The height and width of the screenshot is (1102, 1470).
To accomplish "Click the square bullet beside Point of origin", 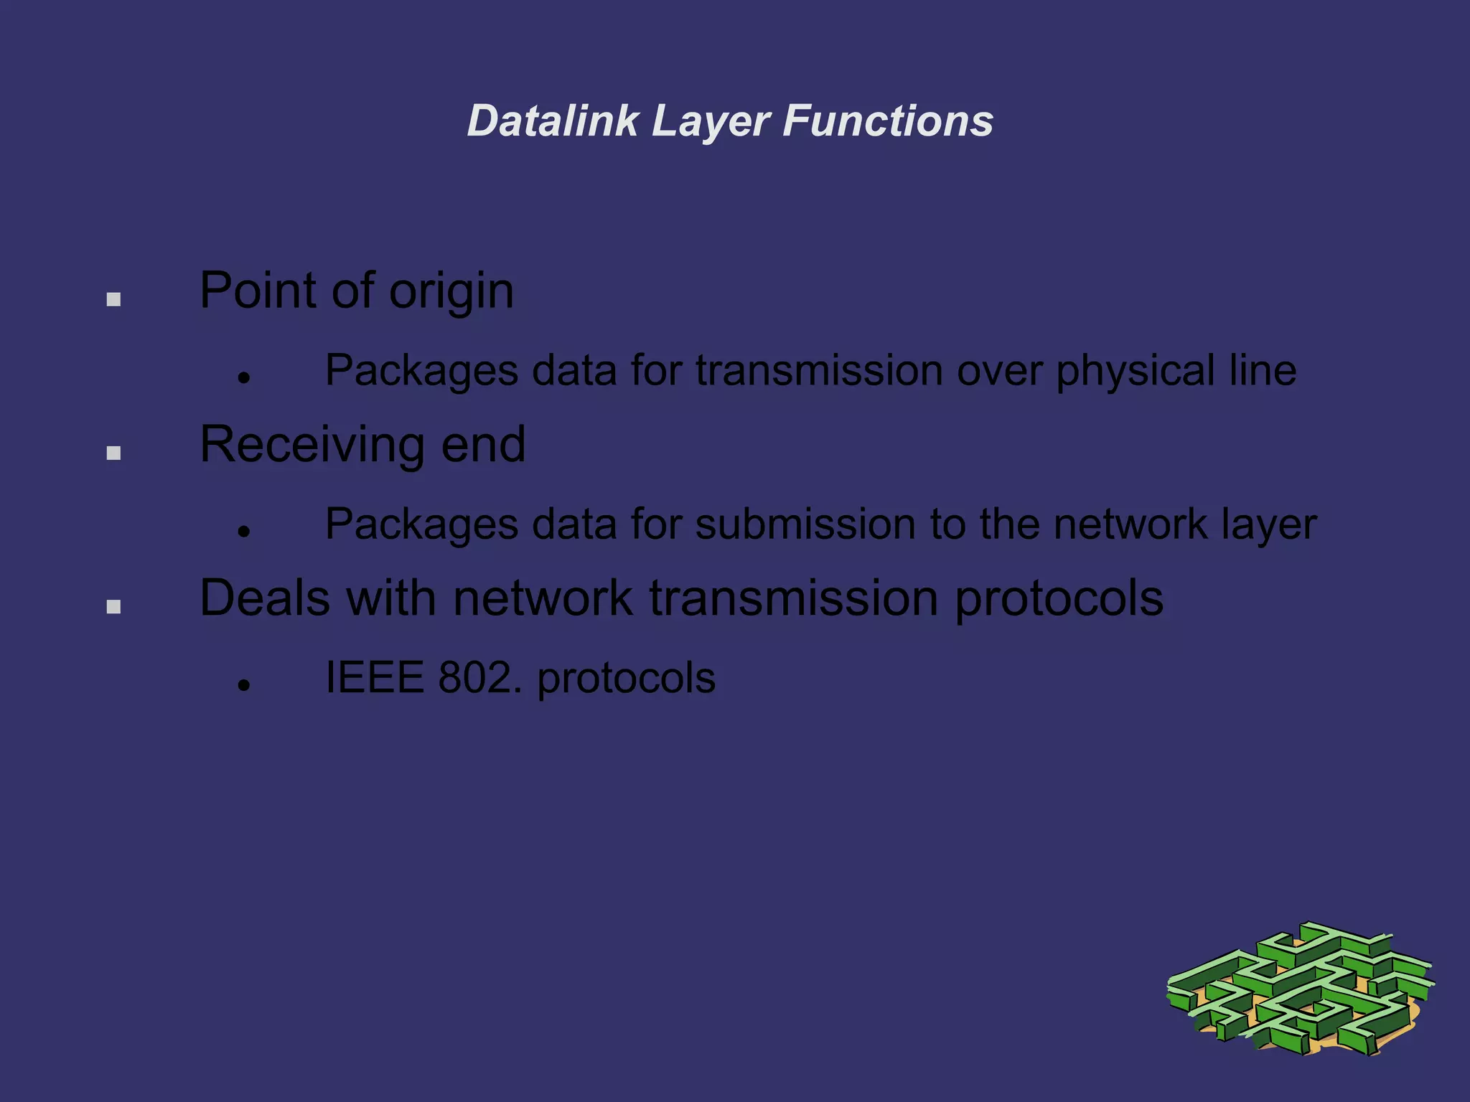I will tap(113, 299).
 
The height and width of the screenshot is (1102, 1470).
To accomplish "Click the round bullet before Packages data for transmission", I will tap(244, 377).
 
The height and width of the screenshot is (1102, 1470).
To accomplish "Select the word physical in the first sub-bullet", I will tap(1135, 372).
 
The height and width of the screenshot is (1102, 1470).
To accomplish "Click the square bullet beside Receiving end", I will tap(113, 453).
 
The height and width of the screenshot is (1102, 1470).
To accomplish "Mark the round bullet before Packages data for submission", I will tap(244, 532).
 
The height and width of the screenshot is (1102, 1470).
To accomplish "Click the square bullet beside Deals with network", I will tap(113, 607).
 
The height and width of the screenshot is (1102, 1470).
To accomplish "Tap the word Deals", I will tap(265, 598).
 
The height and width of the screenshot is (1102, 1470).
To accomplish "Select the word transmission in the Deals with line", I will tap(793, 598).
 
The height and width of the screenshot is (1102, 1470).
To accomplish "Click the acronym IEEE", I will tap(374, 677).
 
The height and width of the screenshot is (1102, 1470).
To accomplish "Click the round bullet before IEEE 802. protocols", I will tap(244, 685).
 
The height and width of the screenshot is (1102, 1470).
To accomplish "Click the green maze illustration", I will tap(1299, 990).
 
